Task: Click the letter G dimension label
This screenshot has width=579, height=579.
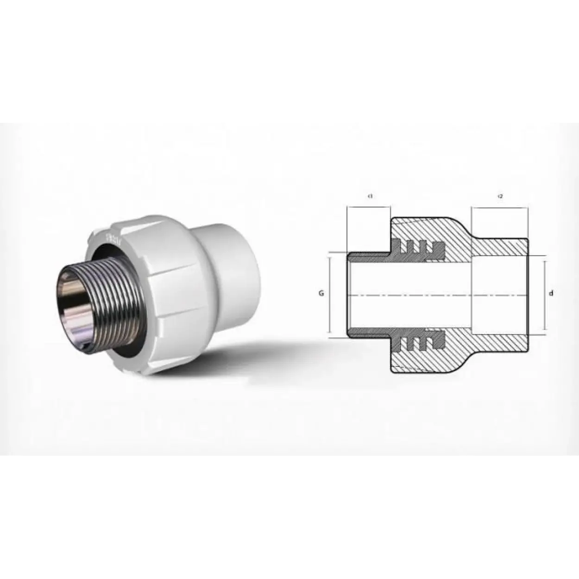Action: pyautogui.click(x=320, y=293)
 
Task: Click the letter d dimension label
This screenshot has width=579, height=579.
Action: pyautogui.click(x=551, y=293)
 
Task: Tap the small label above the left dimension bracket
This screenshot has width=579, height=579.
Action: pyautogui.click(x=370, y=196)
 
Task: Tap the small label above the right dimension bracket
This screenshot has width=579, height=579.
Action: pyautogui.click(x=500, y=196)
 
